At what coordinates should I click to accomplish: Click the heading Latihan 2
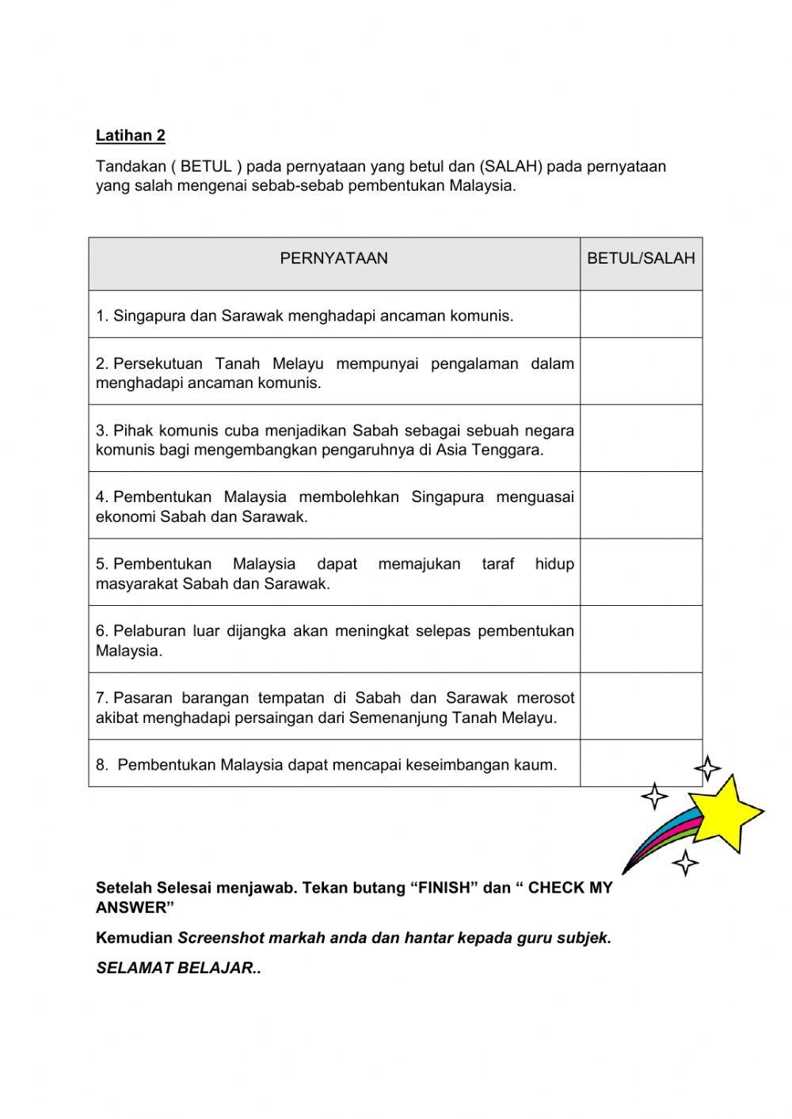click(x=130, y=135)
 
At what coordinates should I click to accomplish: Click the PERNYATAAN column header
click(x=333, y=258)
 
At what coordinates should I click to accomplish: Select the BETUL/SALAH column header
click(x=641, y=258)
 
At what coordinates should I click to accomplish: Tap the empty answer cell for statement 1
click(x=641, y=314)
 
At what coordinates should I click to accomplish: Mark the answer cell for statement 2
click(x=641, y=371)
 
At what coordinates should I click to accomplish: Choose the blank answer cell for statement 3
click(x=641, y=439)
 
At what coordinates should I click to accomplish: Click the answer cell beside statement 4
click(x=641, y=505)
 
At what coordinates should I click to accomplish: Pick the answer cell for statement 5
click(x=641, y=573)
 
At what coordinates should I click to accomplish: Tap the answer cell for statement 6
click(x=641, y=639)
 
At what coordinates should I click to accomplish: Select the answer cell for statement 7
click(x=641, y=706)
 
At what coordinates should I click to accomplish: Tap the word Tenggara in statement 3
click(x=512, y=451)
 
